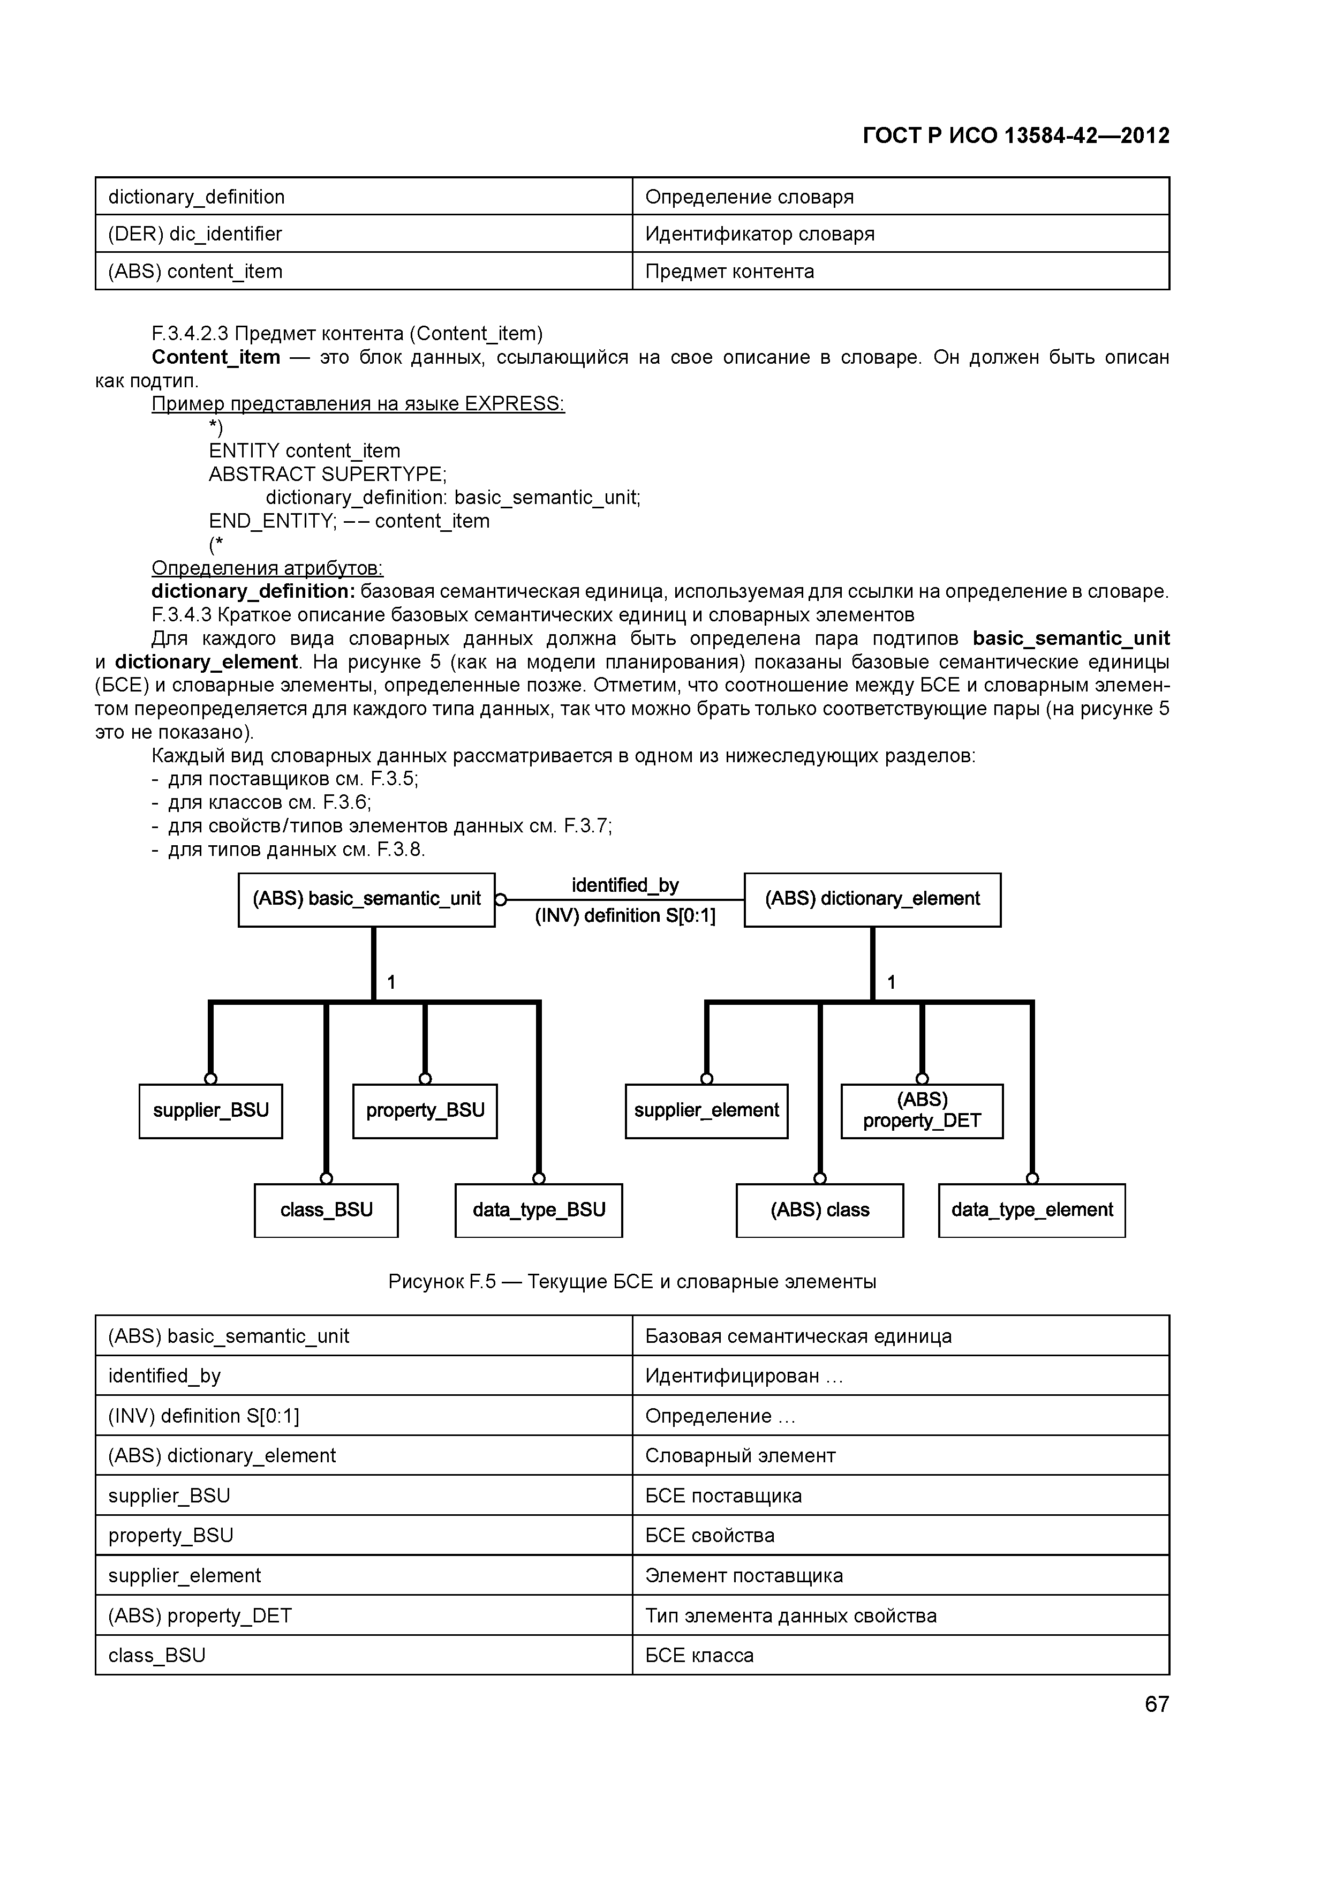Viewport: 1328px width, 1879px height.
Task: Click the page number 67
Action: point(1156,1704)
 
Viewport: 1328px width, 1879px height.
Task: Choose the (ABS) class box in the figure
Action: point(819,1211)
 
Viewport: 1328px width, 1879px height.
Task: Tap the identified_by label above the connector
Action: point(625,885)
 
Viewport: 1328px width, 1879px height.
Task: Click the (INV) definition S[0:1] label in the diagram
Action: point(625,916)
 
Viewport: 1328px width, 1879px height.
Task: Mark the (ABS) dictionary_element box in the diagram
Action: point(872,899)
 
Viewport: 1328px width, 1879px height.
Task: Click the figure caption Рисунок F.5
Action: point(632,1282)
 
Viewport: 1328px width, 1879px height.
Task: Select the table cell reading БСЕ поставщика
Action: point(900,1496)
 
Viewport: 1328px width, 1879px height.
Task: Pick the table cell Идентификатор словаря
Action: point(900,234)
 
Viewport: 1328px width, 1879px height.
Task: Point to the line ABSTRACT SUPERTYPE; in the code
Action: point(327,475)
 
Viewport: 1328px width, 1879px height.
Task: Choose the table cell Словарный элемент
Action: point(900,1456)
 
